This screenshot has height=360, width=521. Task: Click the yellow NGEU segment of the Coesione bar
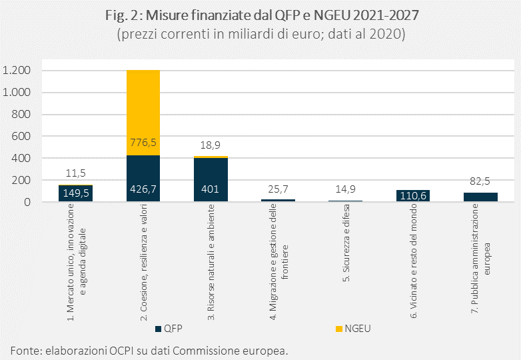tap(143, 113)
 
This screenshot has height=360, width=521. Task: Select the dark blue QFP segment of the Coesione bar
tap(143, 178)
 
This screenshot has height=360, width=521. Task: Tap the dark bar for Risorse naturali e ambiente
tap(211, 179)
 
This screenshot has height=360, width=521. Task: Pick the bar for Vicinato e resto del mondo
tap(413, 196)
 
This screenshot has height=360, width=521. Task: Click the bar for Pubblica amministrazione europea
tap(480, 197)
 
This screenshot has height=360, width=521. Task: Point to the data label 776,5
tap(143, 143)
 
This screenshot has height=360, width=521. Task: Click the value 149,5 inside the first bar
tap(76, 193)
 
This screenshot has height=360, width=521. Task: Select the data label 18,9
tap(211, 145)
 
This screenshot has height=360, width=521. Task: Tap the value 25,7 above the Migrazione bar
tap(278, 189)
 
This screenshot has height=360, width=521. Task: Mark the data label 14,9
tap(345, 189)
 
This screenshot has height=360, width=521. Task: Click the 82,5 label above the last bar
tap(480, 181)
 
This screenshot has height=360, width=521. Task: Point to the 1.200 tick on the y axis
tap(17, 70)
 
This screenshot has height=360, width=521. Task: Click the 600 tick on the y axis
tap(21, 136)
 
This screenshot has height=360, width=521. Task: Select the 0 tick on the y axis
tap(27, 202)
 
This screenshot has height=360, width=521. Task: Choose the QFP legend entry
tap(169, 329)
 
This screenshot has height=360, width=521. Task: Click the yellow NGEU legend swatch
tap(339, 329)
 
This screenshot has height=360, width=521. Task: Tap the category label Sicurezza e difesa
tap(346, 243)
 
